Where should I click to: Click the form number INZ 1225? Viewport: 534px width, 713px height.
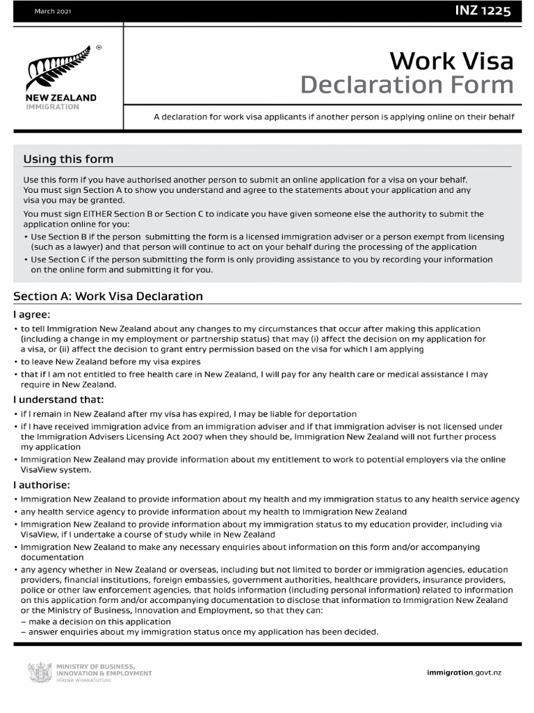pyautogui.click(x=484, y=10)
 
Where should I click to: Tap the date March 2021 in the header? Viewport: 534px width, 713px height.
pyautogui.click(x=51, y=12)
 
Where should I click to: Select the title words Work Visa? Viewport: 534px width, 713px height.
pyautogui.click(x=451, y=61)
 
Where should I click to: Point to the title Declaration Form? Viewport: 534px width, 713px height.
pyautogui.click(x=407, y=86)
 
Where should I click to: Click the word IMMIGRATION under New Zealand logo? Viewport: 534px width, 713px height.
pyautogui.click(x=52, y=107)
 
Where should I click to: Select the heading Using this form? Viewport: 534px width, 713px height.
pyautogui.click(x=68, y=159)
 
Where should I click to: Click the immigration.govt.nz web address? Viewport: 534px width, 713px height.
pyautogui.click(x=473, y=671)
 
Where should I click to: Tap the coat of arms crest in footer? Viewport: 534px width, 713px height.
pyautogui.click(x=40, y=672)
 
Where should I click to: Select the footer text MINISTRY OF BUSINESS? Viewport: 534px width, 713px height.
pyautogui.click(x=95, y=666)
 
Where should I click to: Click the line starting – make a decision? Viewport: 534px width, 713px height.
pyautogui.click(x=96, y=622)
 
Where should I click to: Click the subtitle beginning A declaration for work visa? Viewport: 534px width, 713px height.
pyautogui.click(x=334, y=117)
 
